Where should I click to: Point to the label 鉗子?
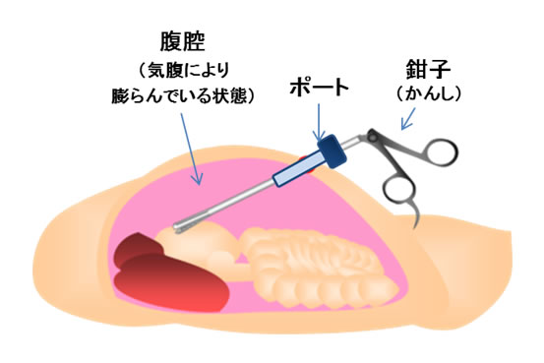[x=426, y=70]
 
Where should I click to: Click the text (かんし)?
[x=429, y=94]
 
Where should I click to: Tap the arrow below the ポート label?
[x=317, y=124]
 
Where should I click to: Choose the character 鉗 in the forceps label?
[x=415, y=70]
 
